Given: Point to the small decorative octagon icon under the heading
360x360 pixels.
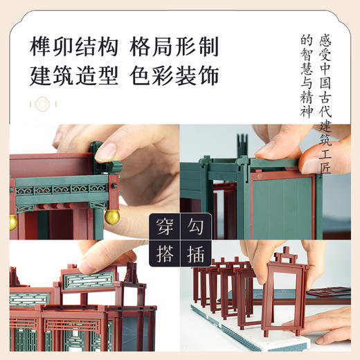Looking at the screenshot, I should point(43,105).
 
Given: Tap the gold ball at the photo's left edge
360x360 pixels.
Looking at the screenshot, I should point(12,222).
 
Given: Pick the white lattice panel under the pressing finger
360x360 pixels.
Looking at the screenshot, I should point(86,283).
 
